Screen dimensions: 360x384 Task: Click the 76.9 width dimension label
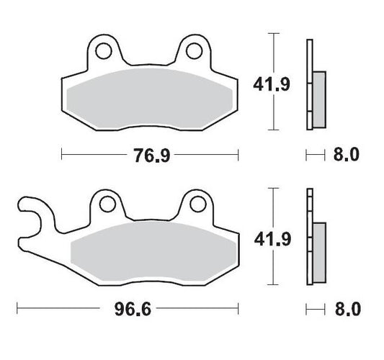point(150,154)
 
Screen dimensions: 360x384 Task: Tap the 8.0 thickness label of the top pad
point(345,154)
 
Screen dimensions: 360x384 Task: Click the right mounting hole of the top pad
point(192,50)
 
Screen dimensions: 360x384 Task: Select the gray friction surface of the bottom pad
point(151,253)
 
